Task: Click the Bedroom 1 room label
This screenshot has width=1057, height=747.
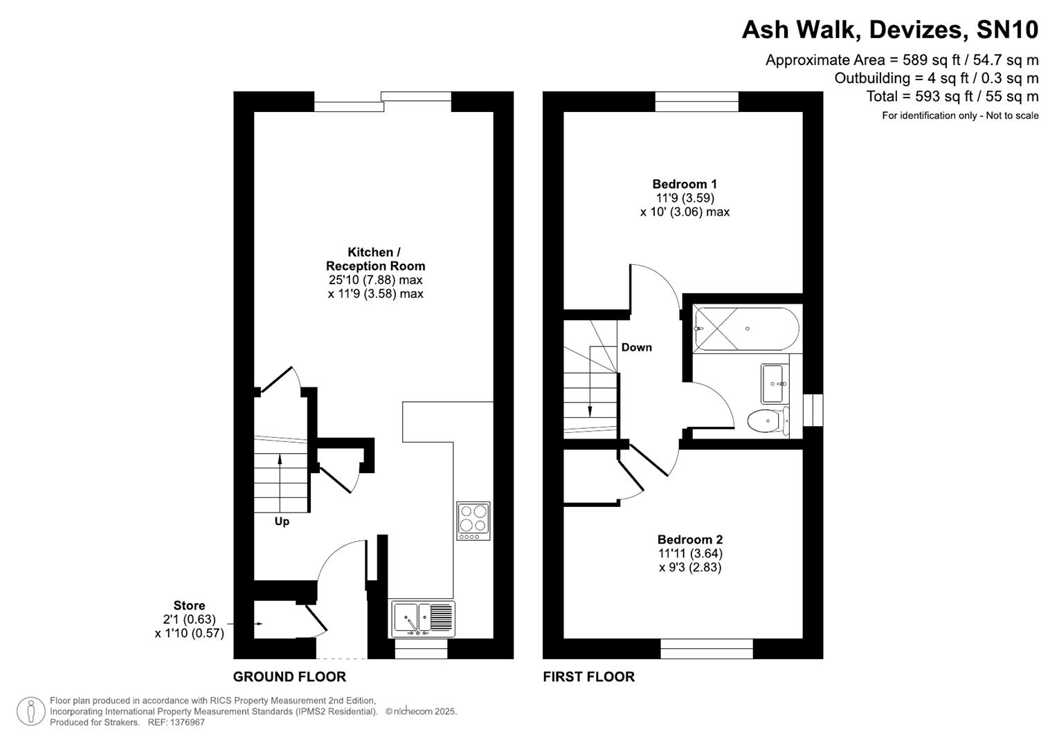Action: pyautogui.click(x=684, y=184)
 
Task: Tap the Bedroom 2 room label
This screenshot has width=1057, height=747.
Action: pyautogui.click(x=689, y=539)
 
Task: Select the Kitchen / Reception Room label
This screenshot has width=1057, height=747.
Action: pyautogui.click(x=375, y=259)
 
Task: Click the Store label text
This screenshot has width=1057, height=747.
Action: pyautogui.click(x=189, y=606)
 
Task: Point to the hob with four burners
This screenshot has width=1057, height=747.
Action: pyautogui.click(x=473, y=521)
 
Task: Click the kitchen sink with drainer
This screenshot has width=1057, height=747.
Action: pyautogui.click(x=423, y=618)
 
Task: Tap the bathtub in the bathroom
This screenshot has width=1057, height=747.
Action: pyautogui.click(x=746, y=329)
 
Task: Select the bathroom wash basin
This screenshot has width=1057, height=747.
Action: pyautogui.click(x=775, y=383)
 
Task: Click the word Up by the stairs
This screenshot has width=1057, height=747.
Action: pyautogui.click(x=282, y=522)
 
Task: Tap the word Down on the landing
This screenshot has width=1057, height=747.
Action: pyautogui.click(x=636, y=347)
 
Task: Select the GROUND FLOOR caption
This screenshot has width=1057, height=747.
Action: pyautogui.click(x=289, y=676)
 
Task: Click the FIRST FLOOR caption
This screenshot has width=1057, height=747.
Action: pyautogui.click(x=588, y=676)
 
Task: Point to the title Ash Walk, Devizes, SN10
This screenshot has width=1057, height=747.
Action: pyautogui.click(x=889, y=30)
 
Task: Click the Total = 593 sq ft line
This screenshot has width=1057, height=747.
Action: pyautogui.click(x=952, y=96)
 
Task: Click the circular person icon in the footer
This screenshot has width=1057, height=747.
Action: pyautogui.click(x=30, y=711)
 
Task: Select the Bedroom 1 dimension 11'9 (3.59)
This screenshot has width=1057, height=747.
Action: pyautogui.click(x=685, y=198)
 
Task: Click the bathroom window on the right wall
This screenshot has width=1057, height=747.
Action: pyautogui.click(x=813, y=410)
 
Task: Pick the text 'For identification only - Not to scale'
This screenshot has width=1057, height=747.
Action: pyautogui.click(x=959, y=116)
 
